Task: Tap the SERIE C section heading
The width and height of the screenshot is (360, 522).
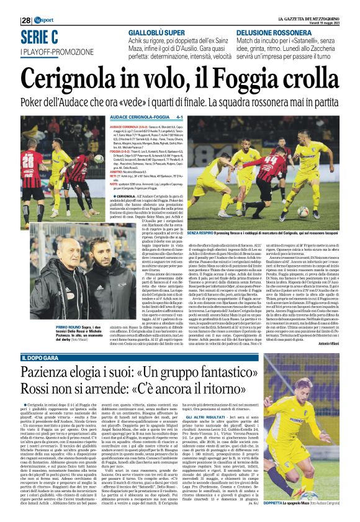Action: (x=40, y=37)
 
